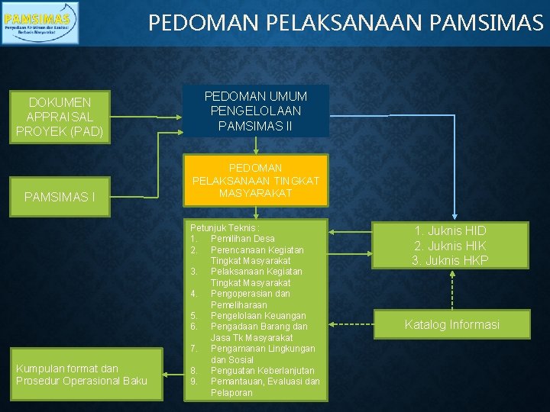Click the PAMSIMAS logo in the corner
40,22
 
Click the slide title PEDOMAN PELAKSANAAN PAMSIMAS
345,23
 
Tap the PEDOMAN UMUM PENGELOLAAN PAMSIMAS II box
255,111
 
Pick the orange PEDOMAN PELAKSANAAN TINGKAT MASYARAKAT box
255,181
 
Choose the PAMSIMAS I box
60,198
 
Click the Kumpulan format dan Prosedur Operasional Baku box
82,375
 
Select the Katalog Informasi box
451,325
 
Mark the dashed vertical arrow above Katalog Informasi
451,289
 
